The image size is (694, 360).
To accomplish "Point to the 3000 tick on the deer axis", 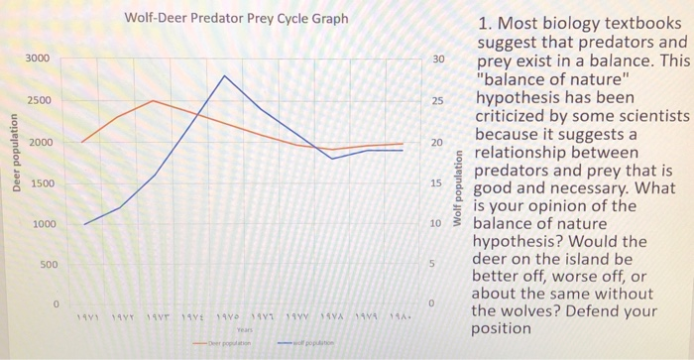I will [37, 60].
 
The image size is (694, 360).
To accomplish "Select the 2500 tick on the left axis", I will [37, 101].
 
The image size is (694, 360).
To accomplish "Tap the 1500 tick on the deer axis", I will [37, 184].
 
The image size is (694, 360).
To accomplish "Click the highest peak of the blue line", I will [224, 75].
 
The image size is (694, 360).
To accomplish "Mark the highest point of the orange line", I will [153, 100].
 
